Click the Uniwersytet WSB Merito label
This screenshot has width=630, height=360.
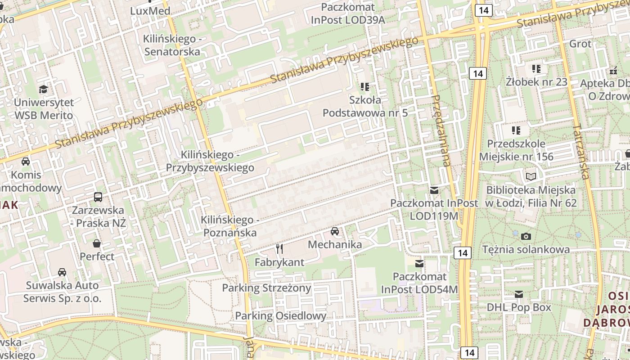43,109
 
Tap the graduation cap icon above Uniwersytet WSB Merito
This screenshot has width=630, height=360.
43,89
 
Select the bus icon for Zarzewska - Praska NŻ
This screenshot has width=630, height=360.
98,197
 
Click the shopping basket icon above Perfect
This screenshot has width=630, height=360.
97,243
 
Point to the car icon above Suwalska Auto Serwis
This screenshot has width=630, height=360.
62,272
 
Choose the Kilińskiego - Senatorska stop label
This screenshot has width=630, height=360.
172,45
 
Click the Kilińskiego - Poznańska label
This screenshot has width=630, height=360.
230,226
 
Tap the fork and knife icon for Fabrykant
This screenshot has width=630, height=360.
279,248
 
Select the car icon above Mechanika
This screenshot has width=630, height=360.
335,231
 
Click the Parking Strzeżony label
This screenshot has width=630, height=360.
266,288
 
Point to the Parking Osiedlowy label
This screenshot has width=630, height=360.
280,315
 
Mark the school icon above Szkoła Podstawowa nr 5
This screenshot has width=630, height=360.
365,86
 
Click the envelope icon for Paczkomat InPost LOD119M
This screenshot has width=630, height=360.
434,190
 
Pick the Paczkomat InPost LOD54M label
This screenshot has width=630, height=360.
419,283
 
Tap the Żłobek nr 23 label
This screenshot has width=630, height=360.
536,82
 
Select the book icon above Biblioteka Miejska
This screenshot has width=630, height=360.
531,176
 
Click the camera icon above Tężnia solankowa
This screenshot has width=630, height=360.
526,236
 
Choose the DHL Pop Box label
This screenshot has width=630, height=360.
519,307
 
